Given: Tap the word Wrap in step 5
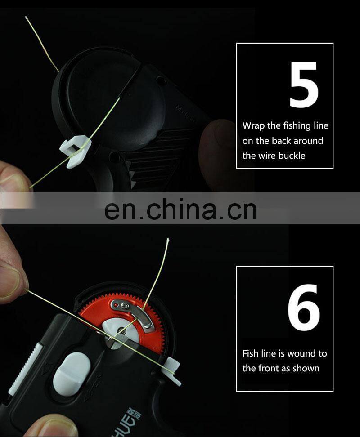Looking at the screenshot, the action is (253, 126).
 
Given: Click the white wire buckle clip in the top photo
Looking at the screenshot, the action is (75, 151).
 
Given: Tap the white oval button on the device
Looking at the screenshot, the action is (72, 374).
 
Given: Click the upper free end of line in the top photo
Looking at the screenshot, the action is (26, 17).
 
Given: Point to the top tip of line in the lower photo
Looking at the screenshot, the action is (168, 239).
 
